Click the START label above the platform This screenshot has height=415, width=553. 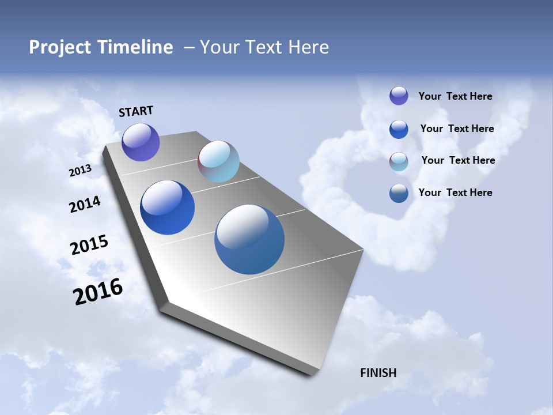point(136,111)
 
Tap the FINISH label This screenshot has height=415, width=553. point(378,373)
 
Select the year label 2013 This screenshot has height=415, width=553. point(80,171)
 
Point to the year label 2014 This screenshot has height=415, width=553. point(85,205)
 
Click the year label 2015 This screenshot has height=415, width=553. point(89,245)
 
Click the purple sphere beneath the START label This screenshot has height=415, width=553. point(141,142)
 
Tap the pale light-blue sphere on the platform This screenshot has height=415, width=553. point(218,161)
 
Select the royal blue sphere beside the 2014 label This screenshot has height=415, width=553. point(167,207)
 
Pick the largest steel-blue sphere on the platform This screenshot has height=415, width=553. point(249,239)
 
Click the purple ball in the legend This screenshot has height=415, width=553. point(399,96)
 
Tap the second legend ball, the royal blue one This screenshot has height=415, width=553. point(399,129)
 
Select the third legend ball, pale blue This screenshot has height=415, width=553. point(399,161)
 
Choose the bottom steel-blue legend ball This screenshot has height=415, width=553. point(399,193)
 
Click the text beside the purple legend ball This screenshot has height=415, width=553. point(455,97)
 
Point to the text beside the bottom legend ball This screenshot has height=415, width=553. point(455,193)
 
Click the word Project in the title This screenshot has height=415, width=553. point(60,47)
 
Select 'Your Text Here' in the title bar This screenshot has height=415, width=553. point(264,47)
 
